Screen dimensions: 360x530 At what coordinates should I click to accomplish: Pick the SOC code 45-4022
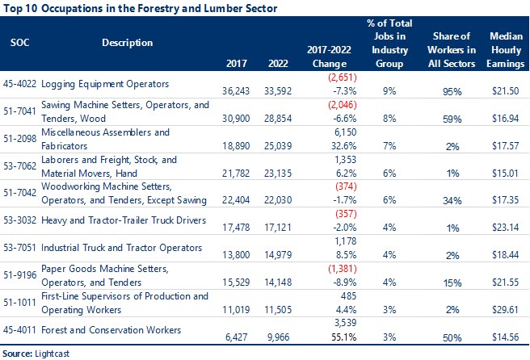22,84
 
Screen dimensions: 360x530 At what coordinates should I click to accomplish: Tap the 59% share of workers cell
437,118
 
